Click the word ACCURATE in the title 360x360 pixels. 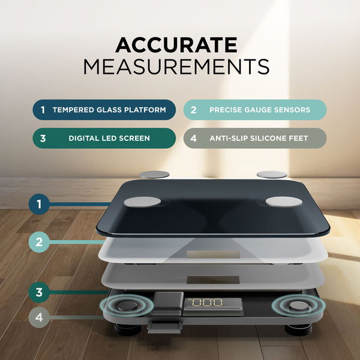click(176, 45)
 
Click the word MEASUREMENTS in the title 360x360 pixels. click(176, 67)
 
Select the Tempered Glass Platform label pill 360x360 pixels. click(104, 110)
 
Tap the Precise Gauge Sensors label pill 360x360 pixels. click(255, 110)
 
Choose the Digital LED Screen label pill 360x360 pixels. click(104, 138)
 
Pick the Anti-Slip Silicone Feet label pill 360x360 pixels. click(255, 138)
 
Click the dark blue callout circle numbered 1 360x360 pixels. click(39, 204)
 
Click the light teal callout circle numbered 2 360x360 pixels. click(39, 242)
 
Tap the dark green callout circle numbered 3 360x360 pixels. click(39, 292)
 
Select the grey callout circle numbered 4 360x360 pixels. click(39, 317)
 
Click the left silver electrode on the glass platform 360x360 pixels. click(142, 202)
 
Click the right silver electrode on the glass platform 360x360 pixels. click(284, 202)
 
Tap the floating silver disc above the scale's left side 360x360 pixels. click(154, 175)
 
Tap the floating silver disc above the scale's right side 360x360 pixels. click(272, 175)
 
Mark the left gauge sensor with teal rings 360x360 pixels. click(127, 305)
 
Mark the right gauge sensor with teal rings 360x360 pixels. click(298, 305)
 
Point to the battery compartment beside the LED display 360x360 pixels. click(168, 304)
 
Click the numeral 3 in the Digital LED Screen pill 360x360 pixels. click(43, 139)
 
